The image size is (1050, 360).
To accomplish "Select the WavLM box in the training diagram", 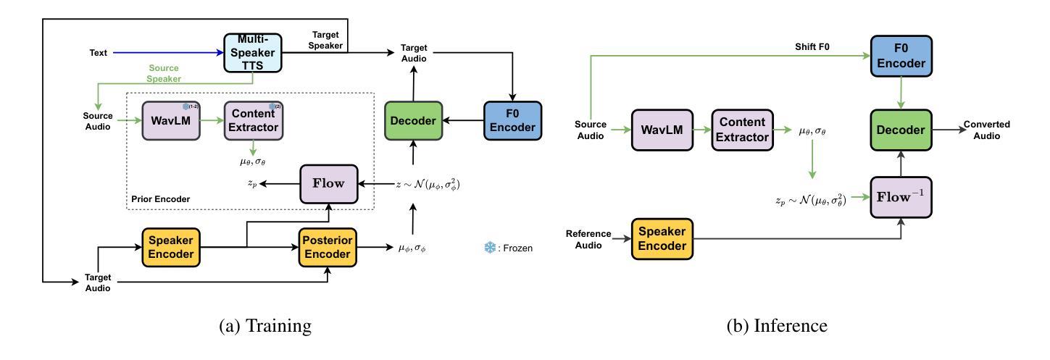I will (x=170, y=122).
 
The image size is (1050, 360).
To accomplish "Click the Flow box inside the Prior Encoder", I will (x=328, y=185).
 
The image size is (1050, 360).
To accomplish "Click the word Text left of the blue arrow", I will (x=99, y=53).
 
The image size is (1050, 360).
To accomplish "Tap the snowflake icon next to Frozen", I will (x=489, y=248).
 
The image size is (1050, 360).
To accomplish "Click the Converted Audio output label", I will (x=986, y=130).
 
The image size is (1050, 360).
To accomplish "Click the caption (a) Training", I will (x=265, y=326).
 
